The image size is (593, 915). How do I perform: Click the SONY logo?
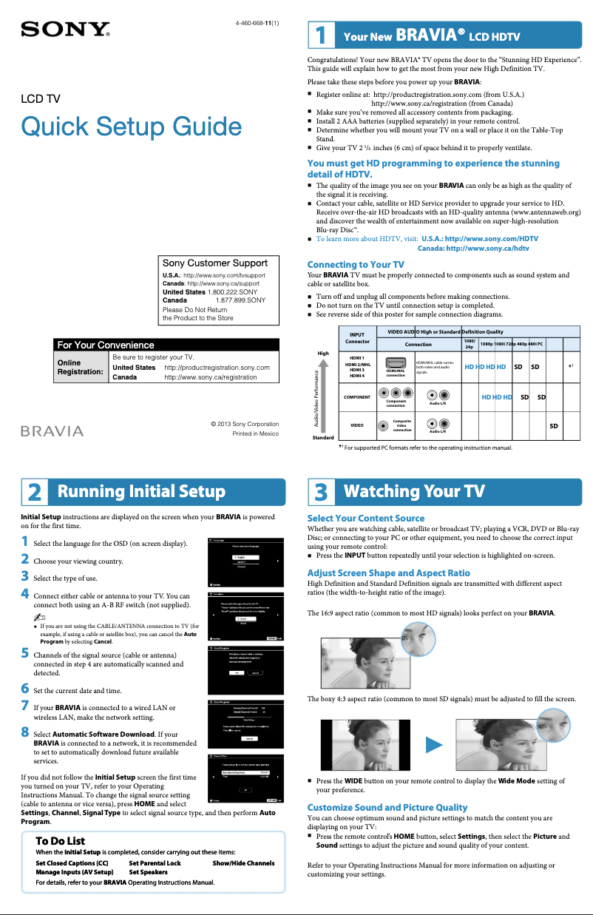click(x=66, y=30)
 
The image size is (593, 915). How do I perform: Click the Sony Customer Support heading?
click(x=215, y=263)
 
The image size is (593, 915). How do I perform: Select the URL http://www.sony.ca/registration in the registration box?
click(x=211, y=377)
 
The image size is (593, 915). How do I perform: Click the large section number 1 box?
click(x=320, y=36)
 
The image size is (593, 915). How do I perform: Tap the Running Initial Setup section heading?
click(x=141, y=492)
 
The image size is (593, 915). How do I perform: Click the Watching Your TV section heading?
click(x=414, y=492)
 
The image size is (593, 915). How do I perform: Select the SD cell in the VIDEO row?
click(x=553, y=426)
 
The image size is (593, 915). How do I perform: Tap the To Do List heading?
click(x=61, y=841)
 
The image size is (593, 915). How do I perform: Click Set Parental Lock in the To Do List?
click(x=155, y=862)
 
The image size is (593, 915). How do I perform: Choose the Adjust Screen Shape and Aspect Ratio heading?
click(x=388, y=573)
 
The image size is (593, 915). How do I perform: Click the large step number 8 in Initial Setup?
click(x=25, y=732)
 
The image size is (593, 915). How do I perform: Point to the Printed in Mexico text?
click(x=255, y=433)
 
